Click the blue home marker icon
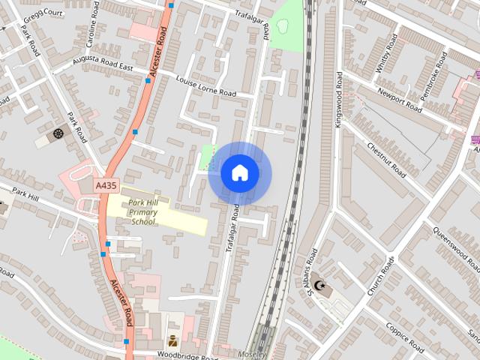tap(239, 172)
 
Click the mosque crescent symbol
tap(320, 285)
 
